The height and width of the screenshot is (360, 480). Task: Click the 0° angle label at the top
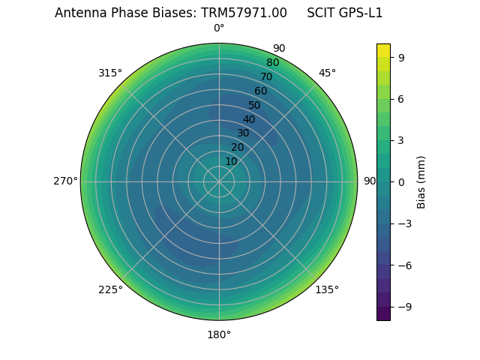click(219, 28)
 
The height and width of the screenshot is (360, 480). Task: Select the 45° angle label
click(327, 73)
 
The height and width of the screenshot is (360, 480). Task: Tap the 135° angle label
click(327, 289)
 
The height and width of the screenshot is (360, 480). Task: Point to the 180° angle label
click(219, 334)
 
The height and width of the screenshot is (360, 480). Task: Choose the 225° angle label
click(110, 289)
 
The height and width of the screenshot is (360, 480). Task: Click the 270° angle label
click(65, 181)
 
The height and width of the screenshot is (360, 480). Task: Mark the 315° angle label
click(110, 73)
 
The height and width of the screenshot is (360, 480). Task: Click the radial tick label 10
click(231, 161)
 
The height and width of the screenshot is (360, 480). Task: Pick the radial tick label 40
click(249, 119)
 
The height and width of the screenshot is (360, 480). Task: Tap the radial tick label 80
click(272, 63)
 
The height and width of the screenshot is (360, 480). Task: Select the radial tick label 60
click(260, 91)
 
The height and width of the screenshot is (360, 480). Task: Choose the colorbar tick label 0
click(402, 181)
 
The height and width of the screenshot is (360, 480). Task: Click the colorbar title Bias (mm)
click(421, 181)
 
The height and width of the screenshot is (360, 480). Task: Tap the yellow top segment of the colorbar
click(383, 50)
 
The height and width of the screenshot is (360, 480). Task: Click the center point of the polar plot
click(219, 181)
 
